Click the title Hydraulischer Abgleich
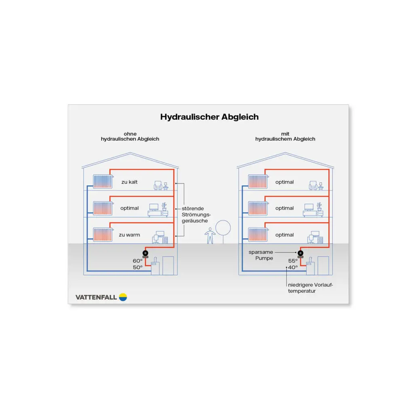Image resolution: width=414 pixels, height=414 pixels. [209, 117]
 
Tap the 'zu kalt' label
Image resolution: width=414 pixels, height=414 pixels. [129, 182]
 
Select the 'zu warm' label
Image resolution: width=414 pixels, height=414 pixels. [129, 235]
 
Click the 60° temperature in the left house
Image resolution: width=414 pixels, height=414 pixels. [137, 261]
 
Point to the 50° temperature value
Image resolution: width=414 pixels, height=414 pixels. [137, 268]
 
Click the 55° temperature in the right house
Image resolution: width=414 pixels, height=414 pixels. [293, 261]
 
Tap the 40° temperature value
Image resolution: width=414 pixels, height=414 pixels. [293, 268]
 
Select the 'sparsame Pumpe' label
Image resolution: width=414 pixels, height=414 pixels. [261, 255]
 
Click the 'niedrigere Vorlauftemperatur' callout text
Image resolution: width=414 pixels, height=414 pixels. [310, 288]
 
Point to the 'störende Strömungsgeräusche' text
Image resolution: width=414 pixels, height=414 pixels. [196, 215]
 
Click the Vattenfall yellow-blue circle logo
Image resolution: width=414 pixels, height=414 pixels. [123, 297]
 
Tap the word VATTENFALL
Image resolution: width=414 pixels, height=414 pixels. [96, 297]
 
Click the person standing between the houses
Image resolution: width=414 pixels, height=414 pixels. [210, 236]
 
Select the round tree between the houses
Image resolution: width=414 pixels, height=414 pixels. [223, 228]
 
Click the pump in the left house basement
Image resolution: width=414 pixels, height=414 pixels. [145, 254]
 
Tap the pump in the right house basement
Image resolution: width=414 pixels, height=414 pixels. [300, 254]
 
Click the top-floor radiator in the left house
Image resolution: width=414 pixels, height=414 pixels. [103, 182]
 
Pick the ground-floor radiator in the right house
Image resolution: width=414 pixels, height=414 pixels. [258, 234]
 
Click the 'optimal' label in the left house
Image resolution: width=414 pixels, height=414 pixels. [129, 208]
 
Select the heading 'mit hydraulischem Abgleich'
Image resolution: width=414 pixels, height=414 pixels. [285, 137]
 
